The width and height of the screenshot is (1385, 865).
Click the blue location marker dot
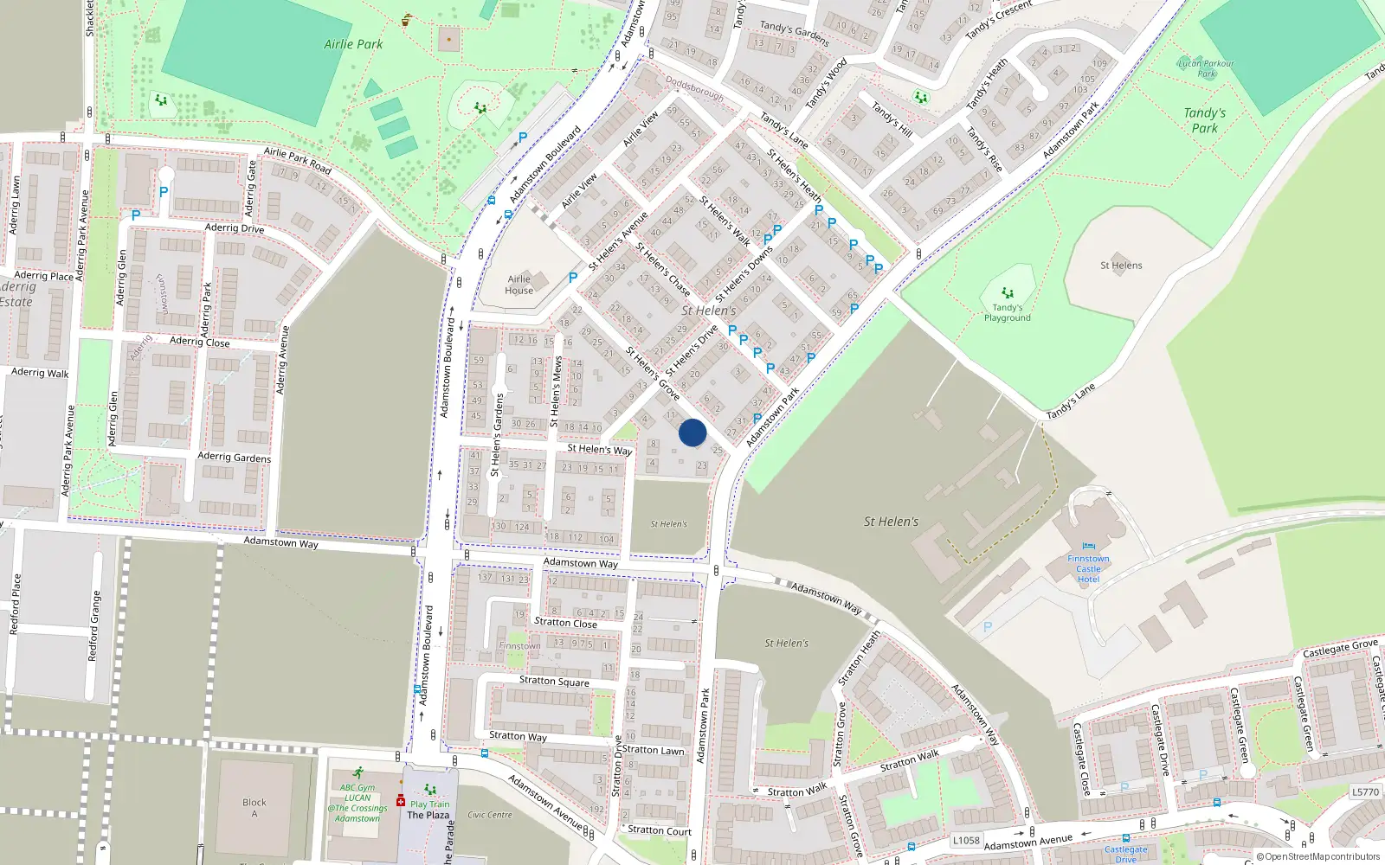[692, 432]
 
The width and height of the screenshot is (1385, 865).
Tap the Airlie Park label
[353, 44]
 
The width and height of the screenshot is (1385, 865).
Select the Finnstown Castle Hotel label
[1088, 568]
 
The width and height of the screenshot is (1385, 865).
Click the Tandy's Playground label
[1007, 312]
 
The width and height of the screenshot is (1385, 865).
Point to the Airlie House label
[519, 285]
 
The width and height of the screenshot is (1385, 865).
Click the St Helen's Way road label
[599, 449]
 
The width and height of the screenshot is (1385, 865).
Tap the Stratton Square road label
[554, 681]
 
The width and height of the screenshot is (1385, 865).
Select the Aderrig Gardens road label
[234, 457]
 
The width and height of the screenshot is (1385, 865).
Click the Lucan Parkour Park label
[1206, 67]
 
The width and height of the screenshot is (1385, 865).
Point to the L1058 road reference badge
[966, 840]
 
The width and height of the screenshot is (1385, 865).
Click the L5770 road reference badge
[1364, 791]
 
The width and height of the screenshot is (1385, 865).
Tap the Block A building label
[254, 808]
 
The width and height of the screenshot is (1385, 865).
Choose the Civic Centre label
[489, 815]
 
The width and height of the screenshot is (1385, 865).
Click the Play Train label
[430, 804]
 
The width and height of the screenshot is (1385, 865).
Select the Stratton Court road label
[659, 830]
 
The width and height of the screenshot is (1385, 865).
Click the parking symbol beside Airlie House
[572, 278]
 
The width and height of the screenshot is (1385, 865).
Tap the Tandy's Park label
[1204, 120]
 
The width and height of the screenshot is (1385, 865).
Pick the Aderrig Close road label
[199, 342]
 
